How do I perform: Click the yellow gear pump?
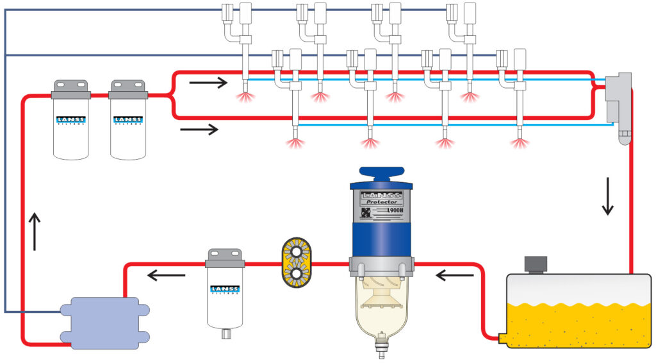coord(296,263)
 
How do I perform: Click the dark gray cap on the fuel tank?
coord(535,264)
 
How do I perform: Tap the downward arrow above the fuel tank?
coord(607,201)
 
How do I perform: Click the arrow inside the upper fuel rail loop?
coord(209,82)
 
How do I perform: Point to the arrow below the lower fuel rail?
coord(199,130)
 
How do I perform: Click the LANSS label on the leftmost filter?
coord(70,120)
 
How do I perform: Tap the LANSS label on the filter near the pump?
coord(224,290)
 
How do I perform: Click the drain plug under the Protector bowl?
coord(382,347)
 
